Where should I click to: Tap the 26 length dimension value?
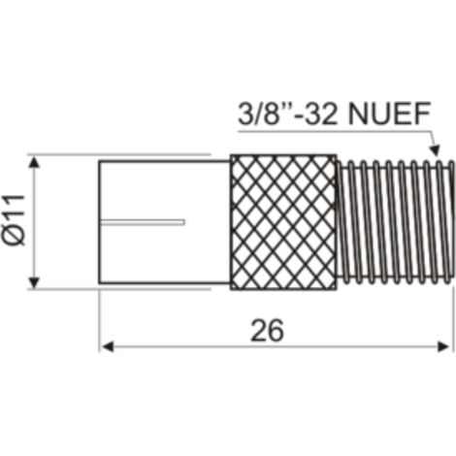coord(267,330)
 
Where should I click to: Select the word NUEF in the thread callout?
coord(389,114)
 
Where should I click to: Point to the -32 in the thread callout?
coord(317,114)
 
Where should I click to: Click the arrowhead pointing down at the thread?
coord(436,149)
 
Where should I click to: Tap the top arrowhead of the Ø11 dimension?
coord(34,162)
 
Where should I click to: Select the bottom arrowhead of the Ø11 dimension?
coord(34,282)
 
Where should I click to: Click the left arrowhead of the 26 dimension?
coord(108,347)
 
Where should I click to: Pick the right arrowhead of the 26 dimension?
coord(442,347)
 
